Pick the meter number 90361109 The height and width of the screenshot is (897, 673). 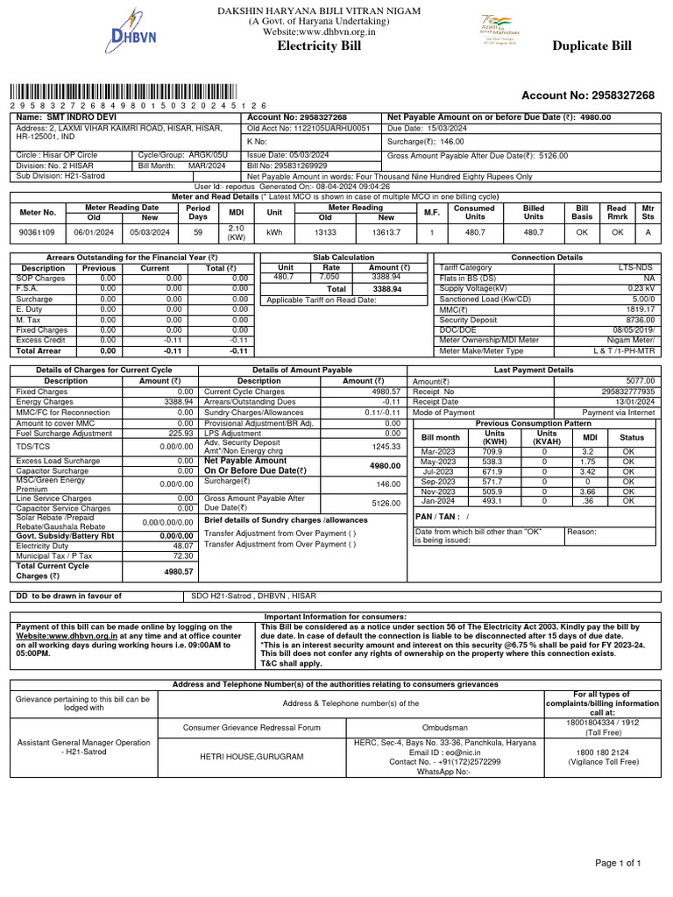pyautogui.click(x=38, y=232)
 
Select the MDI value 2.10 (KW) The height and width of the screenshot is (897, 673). pyautogui.click(x=235, y=232)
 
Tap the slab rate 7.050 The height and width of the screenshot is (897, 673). pyautogui.click(x=330, y=278)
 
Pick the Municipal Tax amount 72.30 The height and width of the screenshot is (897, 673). pyautogui.click(x=182, y=555)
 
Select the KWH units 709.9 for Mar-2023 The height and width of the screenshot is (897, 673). pyautogui.click(x=493, y=450)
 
